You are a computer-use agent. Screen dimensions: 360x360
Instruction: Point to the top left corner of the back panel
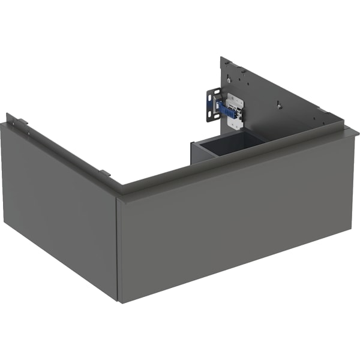pyautogui.click(x=221, y=58)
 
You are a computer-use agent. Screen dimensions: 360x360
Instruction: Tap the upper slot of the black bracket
pyautogui.click(x=212, y=95)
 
